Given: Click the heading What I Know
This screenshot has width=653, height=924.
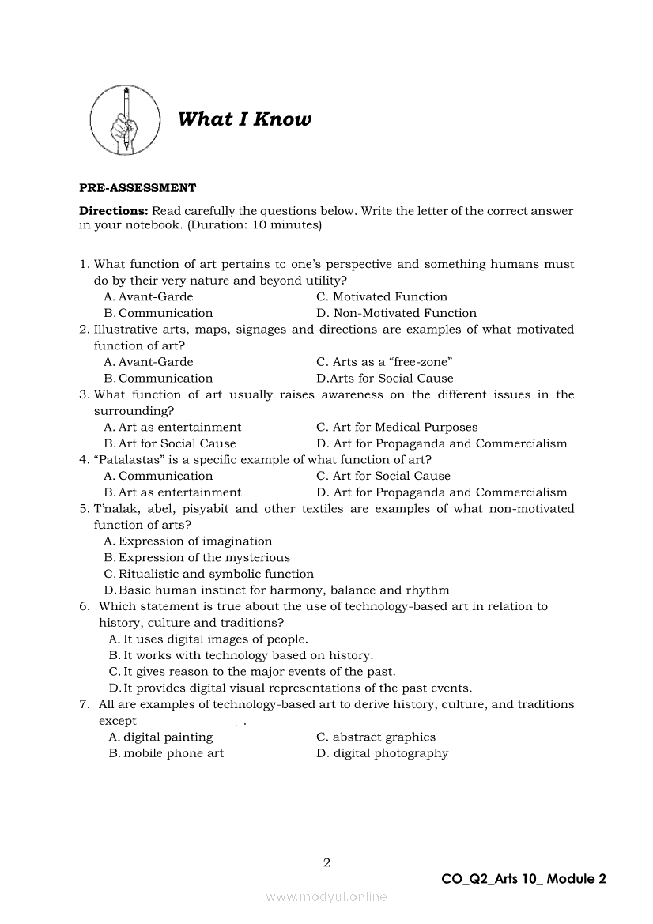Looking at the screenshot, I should pyautogui.click(x=244, y=119).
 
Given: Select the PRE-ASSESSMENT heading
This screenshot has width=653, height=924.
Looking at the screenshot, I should pyautogui.click(x=138, y=188).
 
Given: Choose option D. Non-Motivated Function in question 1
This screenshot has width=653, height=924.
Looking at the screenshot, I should pyautogui.click(x=396, y=313).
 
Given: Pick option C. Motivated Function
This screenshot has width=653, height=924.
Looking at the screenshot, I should pyautogui.click(x=382, y=297).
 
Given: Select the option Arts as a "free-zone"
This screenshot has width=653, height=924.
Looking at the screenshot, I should pyautogui.click(x=384, y=362).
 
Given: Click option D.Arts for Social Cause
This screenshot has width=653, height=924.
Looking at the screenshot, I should pyautogui.click(x=385, y=379).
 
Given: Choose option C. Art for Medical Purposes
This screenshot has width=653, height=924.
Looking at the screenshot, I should pyautogui.click(x=397, y=428).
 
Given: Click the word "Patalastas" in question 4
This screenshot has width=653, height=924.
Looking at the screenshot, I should pyautogui.click(x=115, y=460).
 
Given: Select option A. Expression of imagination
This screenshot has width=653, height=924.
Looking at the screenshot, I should pyautogui.click(x=188, y=541).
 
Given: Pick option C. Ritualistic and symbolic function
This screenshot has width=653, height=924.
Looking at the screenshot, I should pyautogui.click(x=209, y=574).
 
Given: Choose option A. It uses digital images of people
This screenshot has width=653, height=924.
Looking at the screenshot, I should pyautogui.click(x=209, y=639).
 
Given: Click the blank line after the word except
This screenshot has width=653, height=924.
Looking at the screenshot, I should pyautogui.click(x=192, y=721).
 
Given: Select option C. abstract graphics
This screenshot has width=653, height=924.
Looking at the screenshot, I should pyautogui.click(x=376, y=737).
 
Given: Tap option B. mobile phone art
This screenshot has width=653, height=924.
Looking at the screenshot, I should pyautogui.click(x=166, y=753).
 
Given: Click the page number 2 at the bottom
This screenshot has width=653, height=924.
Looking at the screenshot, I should pyautogui.click(x=326, y=862).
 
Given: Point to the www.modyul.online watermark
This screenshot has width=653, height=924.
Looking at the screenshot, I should pyautogui.click(x=326, y=897).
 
